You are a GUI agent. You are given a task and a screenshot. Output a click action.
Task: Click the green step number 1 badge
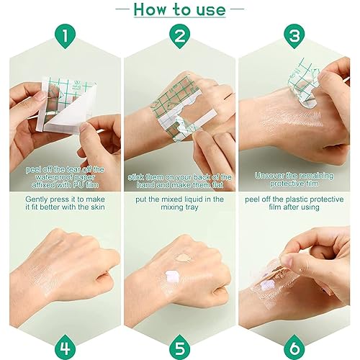pos(65,36)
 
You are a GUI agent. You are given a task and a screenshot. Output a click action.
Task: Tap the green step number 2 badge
pos(179,36)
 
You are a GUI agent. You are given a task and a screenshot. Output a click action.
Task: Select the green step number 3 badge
pos(294,36)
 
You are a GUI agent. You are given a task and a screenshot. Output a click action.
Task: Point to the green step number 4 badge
pos(65,347)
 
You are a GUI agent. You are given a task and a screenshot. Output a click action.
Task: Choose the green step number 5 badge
pos(179,347)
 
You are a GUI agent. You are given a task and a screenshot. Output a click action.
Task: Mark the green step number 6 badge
pos(294,347)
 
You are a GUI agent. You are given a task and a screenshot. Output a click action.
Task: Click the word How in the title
pos(150,9)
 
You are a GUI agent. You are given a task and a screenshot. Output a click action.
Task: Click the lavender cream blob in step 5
pos(172,276)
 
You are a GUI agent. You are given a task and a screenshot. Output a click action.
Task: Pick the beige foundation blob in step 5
pos(183,258)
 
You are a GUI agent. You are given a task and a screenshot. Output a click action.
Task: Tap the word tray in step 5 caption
pos(191,207)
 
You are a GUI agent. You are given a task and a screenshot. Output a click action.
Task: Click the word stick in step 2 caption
pos(135,177)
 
